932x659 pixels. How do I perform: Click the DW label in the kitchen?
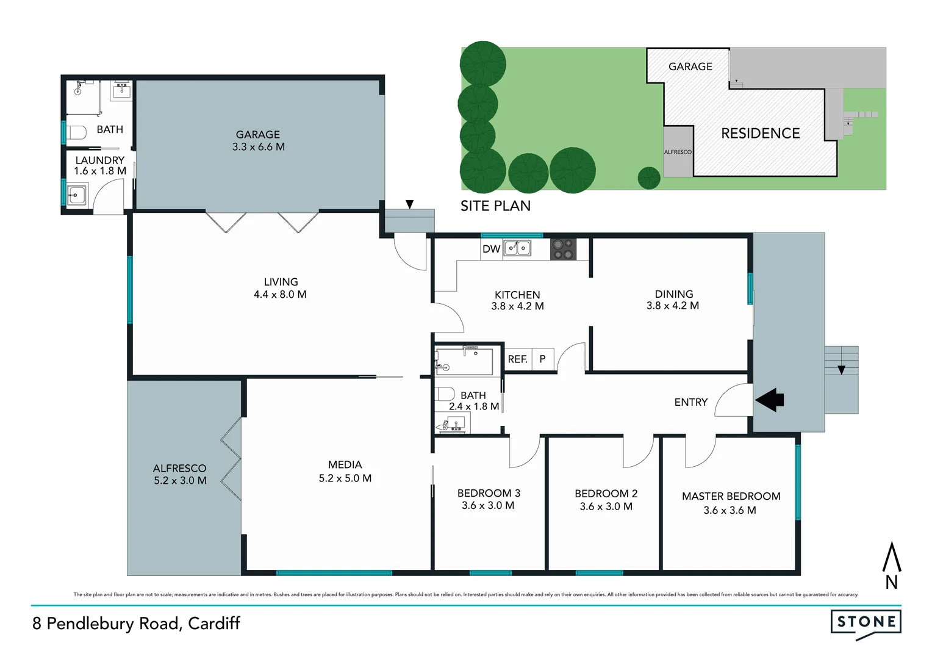[x=491, y=249]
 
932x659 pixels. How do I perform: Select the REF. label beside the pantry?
[x=517, y=359]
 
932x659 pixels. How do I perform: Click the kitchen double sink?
[x=517, y=248]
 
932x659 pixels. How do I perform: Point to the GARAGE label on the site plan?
[x=690, y=67]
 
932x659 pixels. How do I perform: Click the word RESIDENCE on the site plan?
[x=760, y=133]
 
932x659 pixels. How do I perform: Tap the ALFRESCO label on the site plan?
[x=678, y=152]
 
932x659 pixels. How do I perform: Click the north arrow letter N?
[x=891, y=582]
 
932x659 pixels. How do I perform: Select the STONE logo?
[x=866, y=622]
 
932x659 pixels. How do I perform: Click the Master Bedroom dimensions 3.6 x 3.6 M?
[x=729, y=510]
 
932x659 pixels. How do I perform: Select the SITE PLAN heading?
[x=495, y=206]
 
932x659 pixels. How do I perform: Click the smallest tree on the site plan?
[x=648, y=178]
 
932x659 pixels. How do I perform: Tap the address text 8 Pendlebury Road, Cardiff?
[x=137, y=623]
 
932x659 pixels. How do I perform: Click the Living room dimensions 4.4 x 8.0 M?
[x=280, y=294]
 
